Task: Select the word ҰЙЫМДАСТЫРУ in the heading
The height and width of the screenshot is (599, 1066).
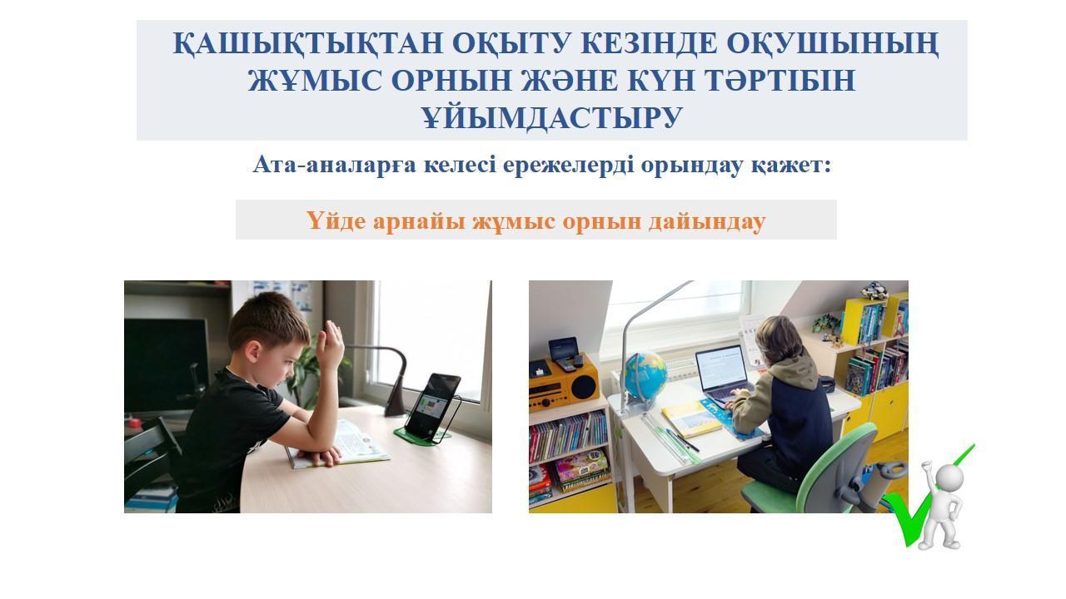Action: (x=552, y=117)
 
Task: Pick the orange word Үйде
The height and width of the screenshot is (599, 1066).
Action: (x=336, y=220)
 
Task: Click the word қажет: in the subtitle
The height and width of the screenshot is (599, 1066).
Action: (x=792, y=166)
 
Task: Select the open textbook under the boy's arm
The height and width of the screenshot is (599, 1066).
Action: (x=339, y=445)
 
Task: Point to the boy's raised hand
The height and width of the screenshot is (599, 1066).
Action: (x=331, y=342)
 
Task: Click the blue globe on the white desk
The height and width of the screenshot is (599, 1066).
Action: (x=645, y=374)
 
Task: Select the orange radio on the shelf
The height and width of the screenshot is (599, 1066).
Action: (x=565, y=384)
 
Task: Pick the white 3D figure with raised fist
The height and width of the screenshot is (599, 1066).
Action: (x=939, y=504)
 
